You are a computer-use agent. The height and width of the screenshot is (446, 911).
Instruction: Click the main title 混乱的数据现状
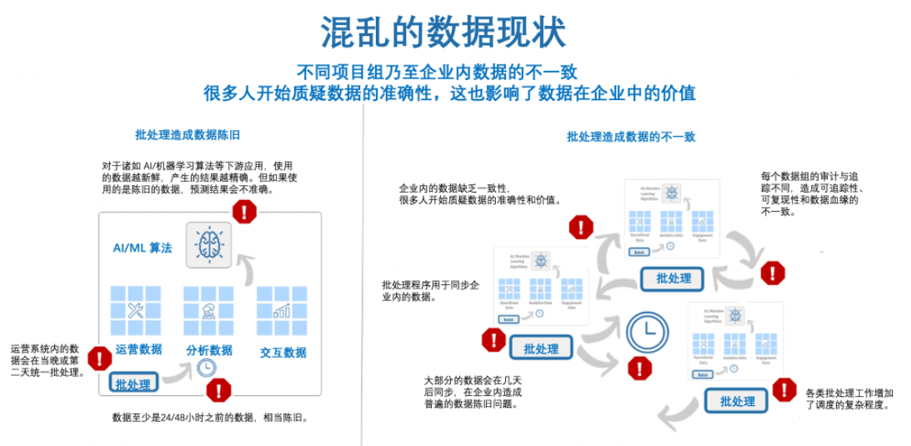pos(443,32)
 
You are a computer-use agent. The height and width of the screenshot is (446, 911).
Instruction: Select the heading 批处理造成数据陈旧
pos(188,134)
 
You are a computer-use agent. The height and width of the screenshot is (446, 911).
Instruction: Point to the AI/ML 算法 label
pos(143,248)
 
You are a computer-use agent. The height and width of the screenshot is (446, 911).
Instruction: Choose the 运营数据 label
pos(138,349)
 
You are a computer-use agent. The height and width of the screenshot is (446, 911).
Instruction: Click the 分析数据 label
pos(208,350)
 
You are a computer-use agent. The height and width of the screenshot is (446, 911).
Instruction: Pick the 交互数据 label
pos(283,352)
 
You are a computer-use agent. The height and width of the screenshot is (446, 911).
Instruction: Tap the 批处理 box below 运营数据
pos(133,384)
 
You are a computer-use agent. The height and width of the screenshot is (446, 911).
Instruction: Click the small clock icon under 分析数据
pos(207,368)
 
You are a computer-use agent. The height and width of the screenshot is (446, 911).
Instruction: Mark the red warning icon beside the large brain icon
pos(244,212)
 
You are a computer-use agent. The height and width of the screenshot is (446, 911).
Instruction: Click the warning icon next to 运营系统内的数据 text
pos(99,358)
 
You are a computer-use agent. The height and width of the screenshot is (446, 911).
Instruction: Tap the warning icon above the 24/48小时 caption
pos(219,389)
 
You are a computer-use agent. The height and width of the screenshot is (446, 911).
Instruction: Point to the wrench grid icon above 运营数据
pos(136,311)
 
